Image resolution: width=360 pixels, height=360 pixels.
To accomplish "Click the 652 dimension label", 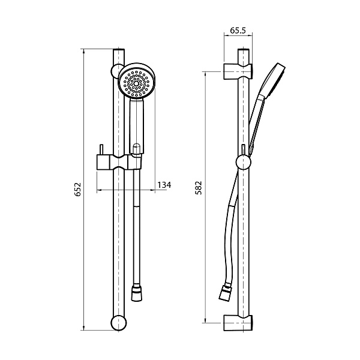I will point(77,190).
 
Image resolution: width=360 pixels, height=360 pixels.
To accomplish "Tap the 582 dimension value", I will point(200,187).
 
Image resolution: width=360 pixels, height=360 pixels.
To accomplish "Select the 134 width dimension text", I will point(164,185).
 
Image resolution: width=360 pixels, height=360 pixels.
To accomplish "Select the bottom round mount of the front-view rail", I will point(118,322).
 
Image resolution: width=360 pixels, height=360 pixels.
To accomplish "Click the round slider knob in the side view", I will point(243,163).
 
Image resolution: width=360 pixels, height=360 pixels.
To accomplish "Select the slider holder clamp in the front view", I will point(120,161).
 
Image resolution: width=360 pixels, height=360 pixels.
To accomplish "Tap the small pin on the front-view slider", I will point(101,150).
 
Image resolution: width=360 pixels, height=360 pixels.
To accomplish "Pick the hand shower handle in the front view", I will point(137,123).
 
